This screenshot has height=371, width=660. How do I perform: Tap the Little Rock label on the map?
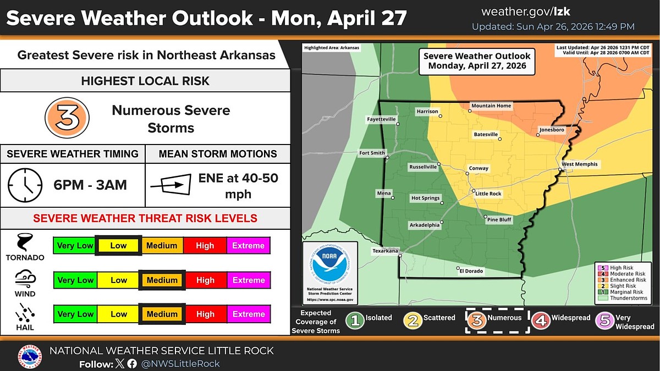tap(488, 193)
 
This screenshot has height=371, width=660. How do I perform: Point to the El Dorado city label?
tap(470, 270)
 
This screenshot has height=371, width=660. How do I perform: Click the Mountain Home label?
tap(491, 106)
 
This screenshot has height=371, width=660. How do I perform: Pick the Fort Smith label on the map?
tap(373, 153)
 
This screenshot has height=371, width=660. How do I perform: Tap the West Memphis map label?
tap(579, 164)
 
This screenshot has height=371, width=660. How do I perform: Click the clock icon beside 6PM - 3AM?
tap(25, 185)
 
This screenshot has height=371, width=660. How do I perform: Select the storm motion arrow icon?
tap(170, 186)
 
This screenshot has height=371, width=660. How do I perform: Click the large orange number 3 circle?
tap(67, 119)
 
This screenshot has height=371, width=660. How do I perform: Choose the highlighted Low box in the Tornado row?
tap(118, 246)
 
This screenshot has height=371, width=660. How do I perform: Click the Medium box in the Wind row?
tap(162, 280)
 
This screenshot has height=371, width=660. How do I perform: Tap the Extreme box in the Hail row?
tap(248, 314)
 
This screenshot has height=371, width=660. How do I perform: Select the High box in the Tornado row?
tap(205, 246)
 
